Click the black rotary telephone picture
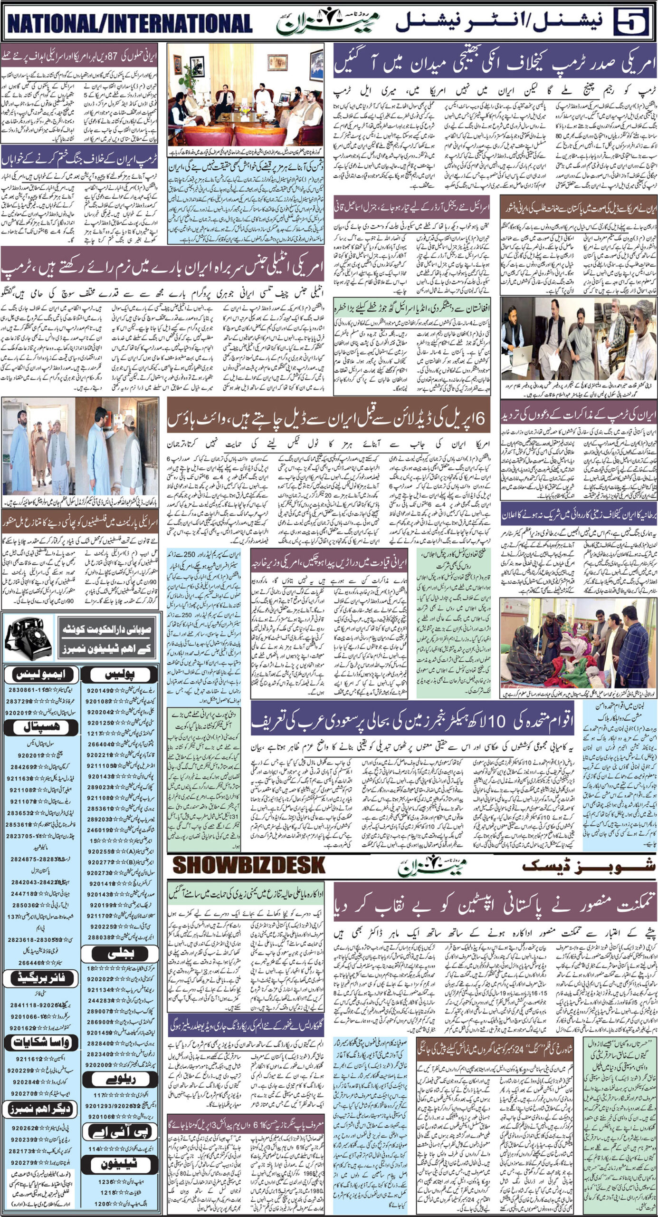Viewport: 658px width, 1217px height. coord(22,640)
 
